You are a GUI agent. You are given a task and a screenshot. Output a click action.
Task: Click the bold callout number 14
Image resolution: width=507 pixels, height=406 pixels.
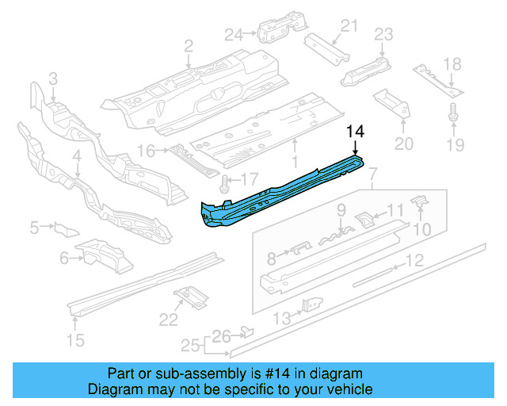355,132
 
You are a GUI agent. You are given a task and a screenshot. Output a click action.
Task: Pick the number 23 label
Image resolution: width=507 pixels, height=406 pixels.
383,34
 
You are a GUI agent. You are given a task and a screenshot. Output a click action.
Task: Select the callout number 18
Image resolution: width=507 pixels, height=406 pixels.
452,64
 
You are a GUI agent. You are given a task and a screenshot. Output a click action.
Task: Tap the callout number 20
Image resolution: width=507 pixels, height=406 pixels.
404,144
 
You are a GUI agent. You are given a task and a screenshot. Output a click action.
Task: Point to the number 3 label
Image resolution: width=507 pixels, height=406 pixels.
53,79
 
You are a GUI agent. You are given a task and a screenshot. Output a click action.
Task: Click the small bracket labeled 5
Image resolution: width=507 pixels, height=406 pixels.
62,228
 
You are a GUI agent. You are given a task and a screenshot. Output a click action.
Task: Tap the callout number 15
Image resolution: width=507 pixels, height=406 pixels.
75,342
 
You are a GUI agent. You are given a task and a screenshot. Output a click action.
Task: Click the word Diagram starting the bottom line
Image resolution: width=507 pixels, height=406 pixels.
112,389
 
